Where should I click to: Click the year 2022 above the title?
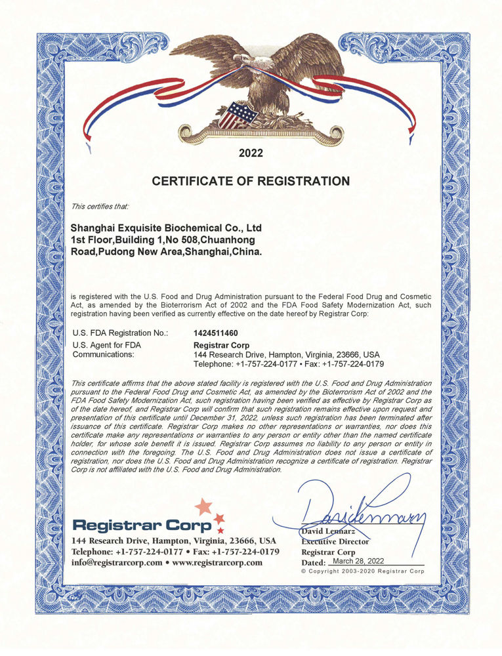coord(251,154)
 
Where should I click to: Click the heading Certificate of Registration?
coord(251,180)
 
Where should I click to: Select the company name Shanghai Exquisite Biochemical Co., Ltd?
coord(166,228)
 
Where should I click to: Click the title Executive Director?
coord(335,541)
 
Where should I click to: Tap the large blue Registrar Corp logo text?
coord(142,525)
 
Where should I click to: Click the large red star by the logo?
coord(204,506)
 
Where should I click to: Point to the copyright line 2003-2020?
coord(362,572)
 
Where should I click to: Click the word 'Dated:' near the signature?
coord(313,563)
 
